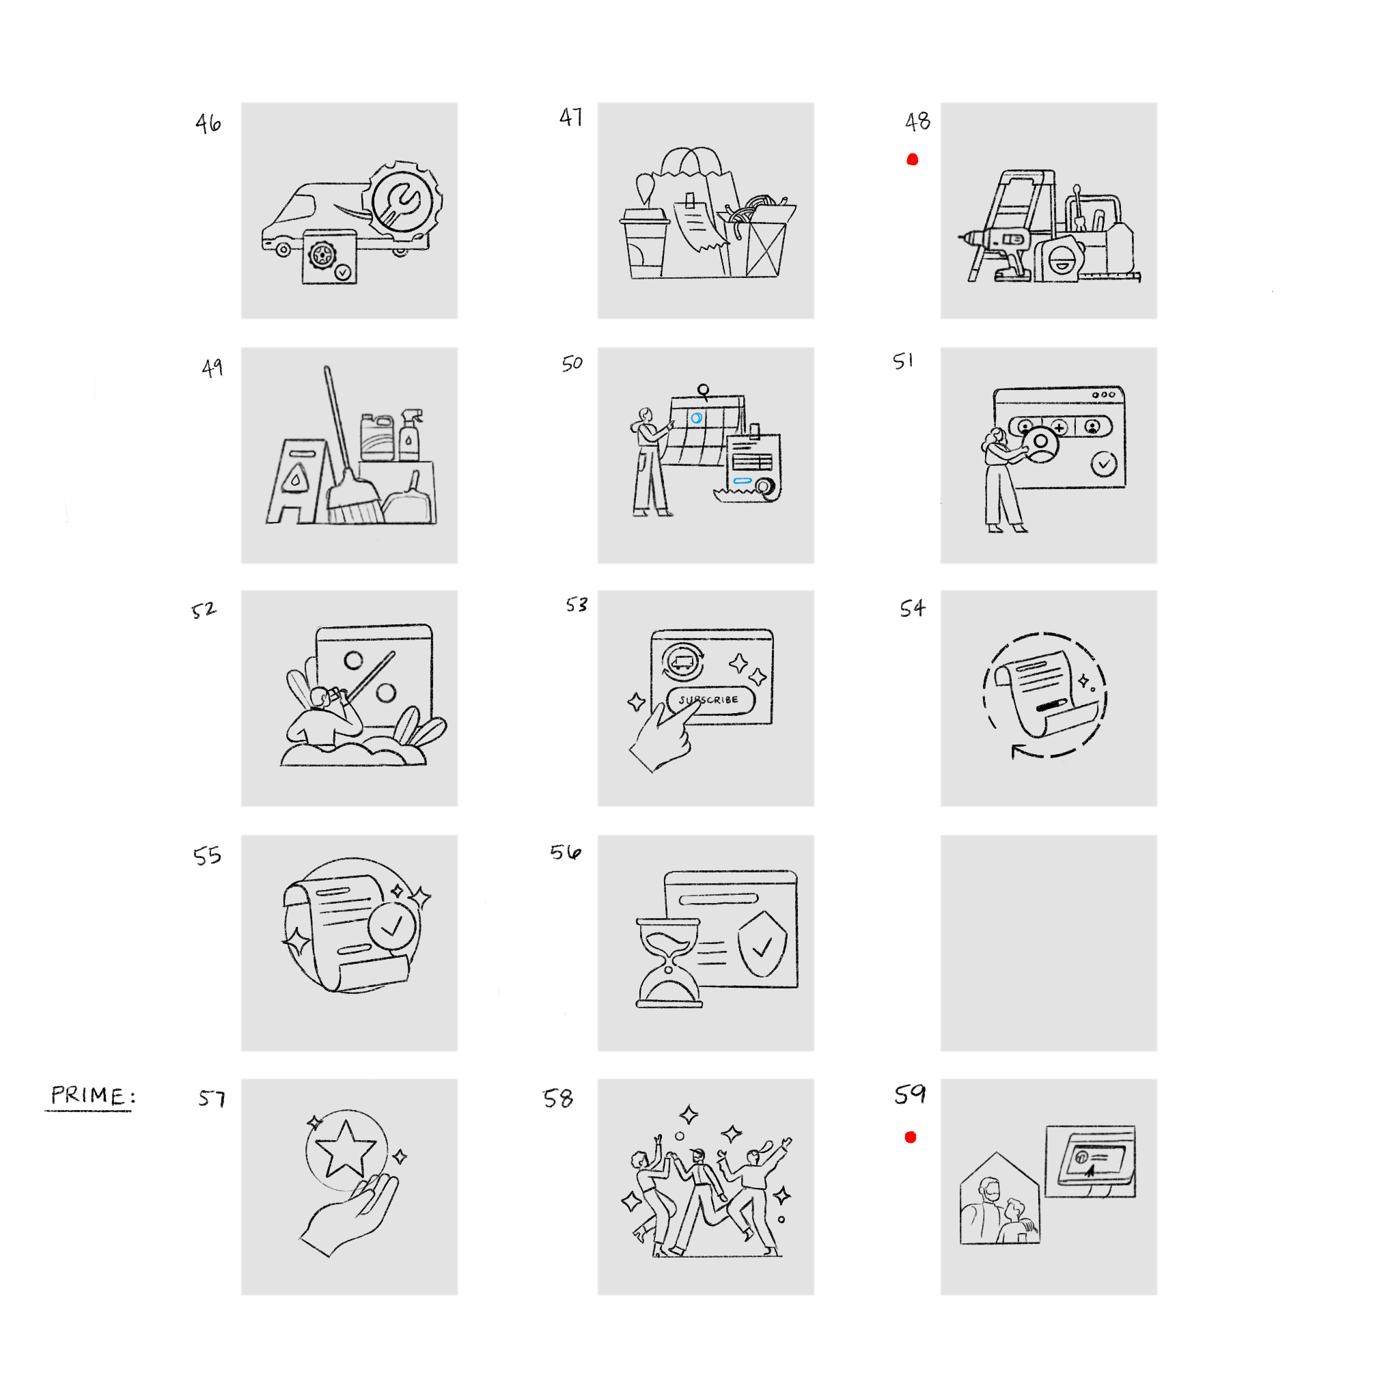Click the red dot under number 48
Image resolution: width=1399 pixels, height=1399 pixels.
913,159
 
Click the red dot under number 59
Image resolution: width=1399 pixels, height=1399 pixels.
911,1137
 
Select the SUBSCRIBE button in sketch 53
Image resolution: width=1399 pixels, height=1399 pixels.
710,699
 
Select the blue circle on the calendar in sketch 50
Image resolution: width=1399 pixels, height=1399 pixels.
697,418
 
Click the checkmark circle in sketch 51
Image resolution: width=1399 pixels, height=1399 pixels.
1104,463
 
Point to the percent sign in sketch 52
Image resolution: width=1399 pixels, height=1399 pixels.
370,676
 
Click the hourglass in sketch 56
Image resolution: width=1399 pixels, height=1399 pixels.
669,962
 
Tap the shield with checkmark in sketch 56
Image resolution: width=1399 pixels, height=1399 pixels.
762,943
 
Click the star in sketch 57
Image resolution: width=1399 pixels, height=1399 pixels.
346,1148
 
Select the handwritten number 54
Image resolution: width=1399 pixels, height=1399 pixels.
913,607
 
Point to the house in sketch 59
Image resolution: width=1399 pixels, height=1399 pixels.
999,1197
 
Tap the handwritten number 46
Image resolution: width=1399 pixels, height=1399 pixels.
208,123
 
